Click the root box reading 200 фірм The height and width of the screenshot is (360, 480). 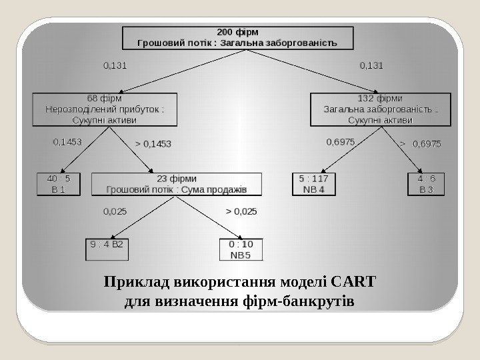coord(237,37)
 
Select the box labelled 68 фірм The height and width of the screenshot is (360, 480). coord(104,109)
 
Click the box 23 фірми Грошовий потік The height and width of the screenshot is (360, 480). coord(177,184)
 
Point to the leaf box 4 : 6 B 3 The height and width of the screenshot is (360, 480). coord(425,184)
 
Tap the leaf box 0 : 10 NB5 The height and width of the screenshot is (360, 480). coord(241,249)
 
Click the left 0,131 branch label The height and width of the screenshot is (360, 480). coord(115,66)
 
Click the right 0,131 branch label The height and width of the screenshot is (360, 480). coord(371,66)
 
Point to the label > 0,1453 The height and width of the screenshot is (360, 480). coord(153,143)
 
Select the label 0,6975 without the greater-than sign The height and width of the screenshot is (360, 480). coord(339,142)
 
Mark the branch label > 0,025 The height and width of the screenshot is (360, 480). coord(241,211)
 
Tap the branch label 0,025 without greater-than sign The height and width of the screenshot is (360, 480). coord(115,211)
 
